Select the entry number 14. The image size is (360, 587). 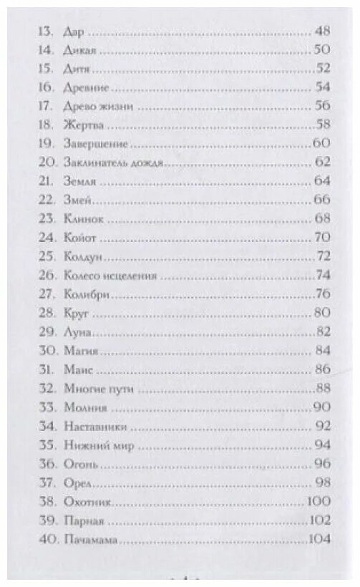(x=44, y=51)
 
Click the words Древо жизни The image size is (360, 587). (x=99, y=106)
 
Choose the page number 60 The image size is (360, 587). (x=321, y=142)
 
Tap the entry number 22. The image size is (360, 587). (x=44, y=198)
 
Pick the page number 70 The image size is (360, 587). (x=322, y=236)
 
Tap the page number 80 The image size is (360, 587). (x=322, y=310)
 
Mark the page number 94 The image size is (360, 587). (x=322, y=445)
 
